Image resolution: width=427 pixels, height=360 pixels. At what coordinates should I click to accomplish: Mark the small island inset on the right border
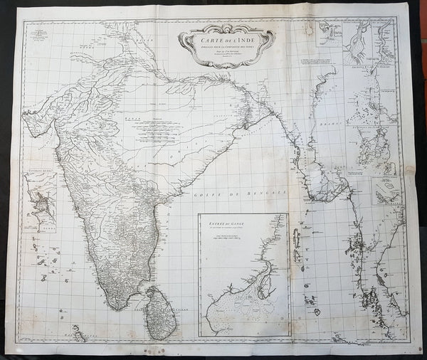(x=386, y=191)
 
